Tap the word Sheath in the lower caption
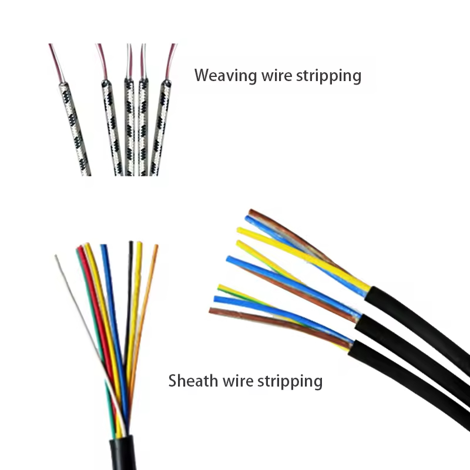[x=188, y=381]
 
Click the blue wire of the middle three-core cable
[x=294, y=281]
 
